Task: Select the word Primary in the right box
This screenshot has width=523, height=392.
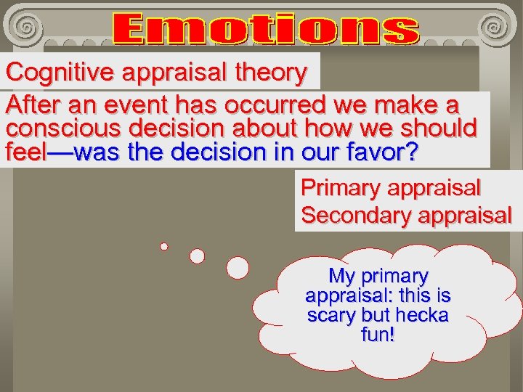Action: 341,188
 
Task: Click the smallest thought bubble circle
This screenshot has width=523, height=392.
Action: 164,246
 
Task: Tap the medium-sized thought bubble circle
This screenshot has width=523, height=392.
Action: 197,256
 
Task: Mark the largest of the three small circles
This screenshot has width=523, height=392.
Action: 238,268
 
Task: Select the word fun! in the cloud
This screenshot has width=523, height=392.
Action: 378,336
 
